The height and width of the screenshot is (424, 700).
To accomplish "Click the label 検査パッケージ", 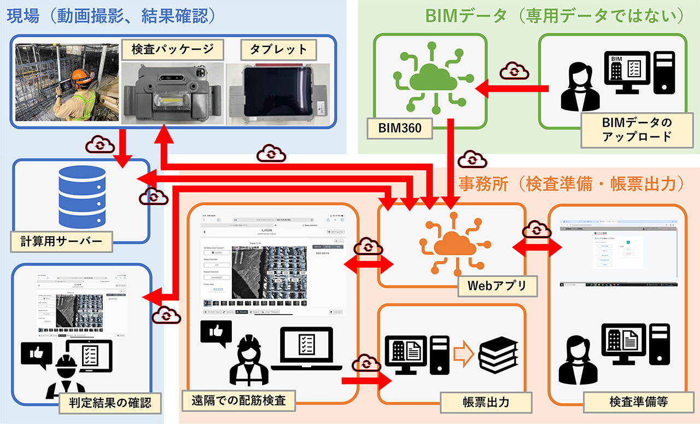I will click(172, 50).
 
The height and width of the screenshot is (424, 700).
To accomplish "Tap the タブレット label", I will click(278, 50).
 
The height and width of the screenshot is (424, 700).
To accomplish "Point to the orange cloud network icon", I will click(452, 244).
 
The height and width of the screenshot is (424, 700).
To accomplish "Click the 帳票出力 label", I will click(482, 402).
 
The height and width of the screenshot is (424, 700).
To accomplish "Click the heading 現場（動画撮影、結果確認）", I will click(110, 15).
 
